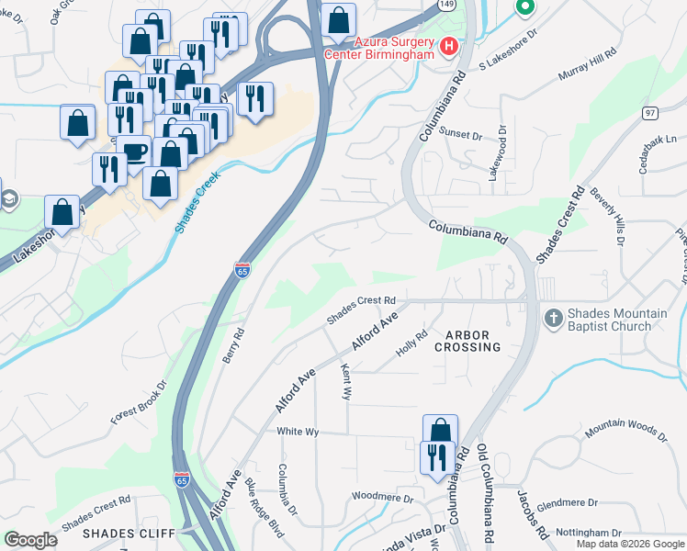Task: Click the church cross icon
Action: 553,319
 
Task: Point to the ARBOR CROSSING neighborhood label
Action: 474,341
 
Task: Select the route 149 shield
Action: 445,5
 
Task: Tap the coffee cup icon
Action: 134,152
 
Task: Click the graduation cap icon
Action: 8,199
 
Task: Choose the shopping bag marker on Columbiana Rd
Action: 440,431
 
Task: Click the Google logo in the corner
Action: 30,540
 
